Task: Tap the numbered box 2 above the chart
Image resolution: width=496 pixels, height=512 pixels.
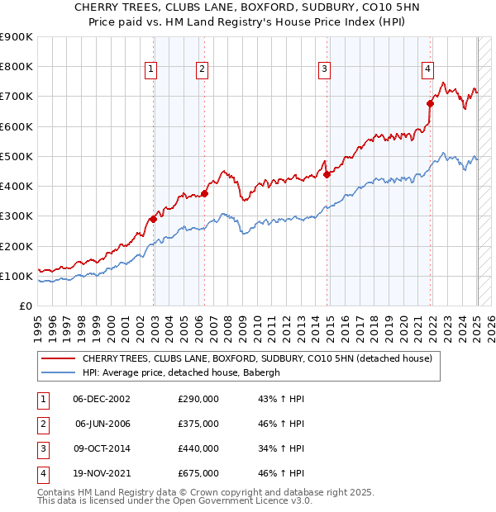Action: [203, 70]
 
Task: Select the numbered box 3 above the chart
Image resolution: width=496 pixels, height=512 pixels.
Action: [325, 70]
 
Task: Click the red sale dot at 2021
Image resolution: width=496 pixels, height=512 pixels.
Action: [430, 103]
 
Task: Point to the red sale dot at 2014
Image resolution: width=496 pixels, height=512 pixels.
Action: [327, 174]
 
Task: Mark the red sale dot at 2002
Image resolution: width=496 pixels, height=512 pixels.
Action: [153, 219]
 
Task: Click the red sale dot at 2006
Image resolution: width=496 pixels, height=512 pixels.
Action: [204, 193]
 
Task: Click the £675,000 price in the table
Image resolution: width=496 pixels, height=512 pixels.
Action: [198, 473]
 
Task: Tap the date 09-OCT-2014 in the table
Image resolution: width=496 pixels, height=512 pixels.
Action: [102, 448]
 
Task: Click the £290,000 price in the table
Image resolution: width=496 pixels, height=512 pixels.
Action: [198, 399]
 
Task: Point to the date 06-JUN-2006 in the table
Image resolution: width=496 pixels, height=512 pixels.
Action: [103, 424]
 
